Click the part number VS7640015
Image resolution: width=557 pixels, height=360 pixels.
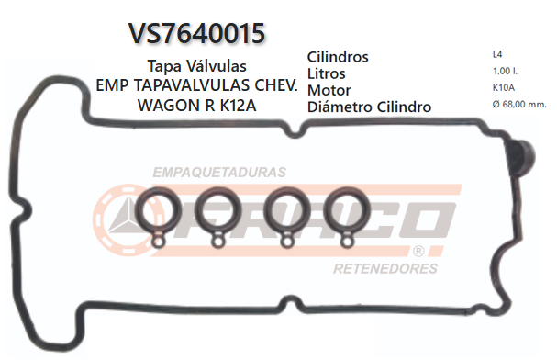click(197, 33)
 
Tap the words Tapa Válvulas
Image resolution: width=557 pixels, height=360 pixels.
click(196, 67)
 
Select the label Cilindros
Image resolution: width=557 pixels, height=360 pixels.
click(338, 57)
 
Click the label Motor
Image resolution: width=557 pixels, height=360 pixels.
click(329, 90)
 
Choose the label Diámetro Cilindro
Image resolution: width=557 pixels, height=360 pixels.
click(370, 107)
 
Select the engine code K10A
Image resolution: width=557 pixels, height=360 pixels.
click(503, 88)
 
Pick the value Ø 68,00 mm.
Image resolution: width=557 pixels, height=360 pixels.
click(519, 105)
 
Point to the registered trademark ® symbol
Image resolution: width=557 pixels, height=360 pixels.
click(418, 251)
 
